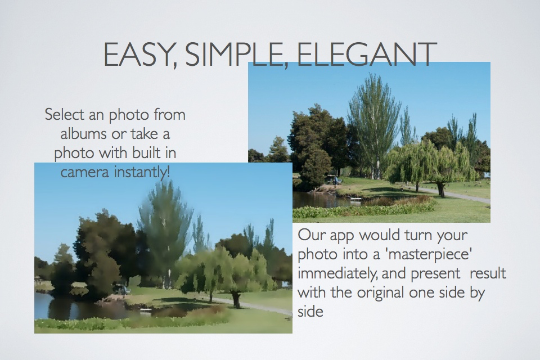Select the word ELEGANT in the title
click(x=366, y=55)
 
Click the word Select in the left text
click(x=65, y=114)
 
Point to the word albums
click(x=83, y=134)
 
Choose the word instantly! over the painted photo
click(x=142, y=171)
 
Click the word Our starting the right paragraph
click(x=312, y=235)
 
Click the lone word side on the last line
click(x=310, y=312)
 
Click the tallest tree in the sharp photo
click(x=375, y=124)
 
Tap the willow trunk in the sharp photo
click(x=440, y=190)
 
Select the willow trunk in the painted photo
click(x=236, y=299)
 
